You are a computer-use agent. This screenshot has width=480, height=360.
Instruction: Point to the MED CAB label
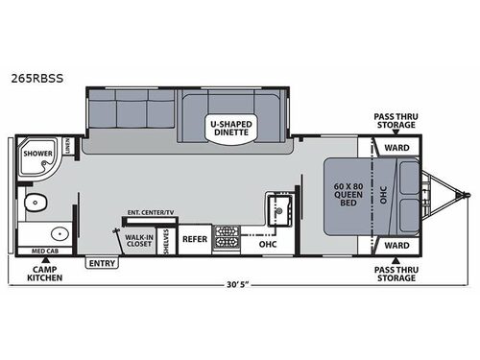44,252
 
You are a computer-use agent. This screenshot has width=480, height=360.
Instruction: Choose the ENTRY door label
100,262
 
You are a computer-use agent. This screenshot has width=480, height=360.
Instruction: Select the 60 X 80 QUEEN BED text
346,194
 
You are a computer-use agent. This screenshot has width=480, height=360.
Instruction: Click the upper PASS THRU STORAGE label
395,121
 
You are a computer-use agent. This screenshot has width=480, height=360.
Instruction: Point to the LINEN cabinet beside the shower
68,147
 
